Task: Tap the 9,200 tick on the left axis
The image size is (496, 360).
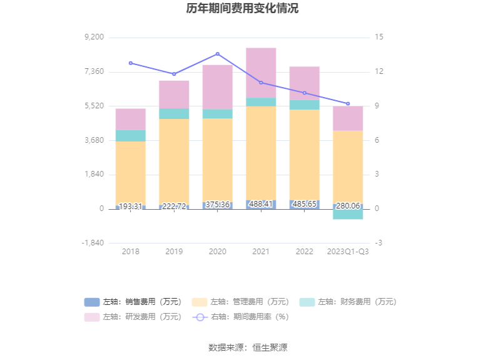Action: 93,38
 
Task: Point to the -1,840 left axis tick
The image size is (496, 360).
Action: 93,243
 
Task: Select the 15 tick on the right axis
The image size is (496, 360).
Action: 380,38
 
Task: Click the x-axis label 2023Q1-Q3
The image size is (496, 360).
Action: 348,252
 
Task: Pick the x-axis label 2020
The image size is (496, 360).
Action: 217,252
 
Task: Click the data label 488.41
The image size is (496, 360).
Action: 261,204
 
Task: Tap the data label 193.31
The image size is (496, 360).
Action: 131,206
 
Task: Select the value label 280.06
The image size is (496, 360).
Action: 348,206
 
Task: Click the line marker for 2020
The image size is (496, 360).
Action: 218,54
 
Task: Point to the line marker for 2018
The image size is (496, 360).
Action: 131,63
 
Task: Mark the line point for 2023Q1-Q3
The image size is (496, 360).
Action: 348,104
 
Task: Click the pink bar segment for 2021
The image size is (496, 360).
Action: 261,72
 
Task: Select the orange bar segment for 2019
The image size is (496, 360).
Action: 174,160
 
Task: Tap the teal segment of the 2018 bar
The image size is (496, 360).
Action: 131,135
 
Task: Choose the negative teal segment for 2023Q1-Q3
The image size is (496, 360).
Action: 348,214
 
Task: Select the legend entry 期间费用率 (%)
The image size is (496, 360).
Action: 241,317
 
